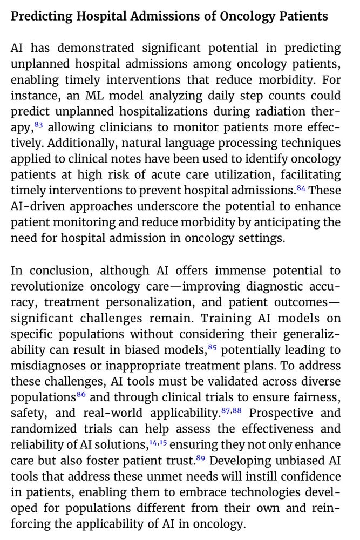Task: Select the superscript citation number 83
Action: point(38,124)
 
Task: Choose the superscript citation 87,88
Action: point(232,410)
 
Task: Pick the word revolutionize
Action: point(45,287)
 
